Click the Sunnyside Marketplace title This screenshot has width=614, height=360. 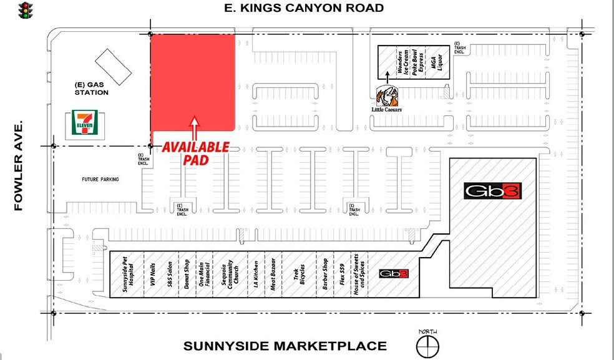click(285, 346)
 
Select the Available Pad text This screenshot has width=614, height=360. click(196, 153)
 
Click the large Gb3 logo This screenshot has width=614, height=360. click(492, 191)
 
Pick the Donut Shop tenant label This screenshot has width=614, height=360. click(186, 275)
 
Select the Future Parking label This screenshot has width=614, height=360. click(100, 180)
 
